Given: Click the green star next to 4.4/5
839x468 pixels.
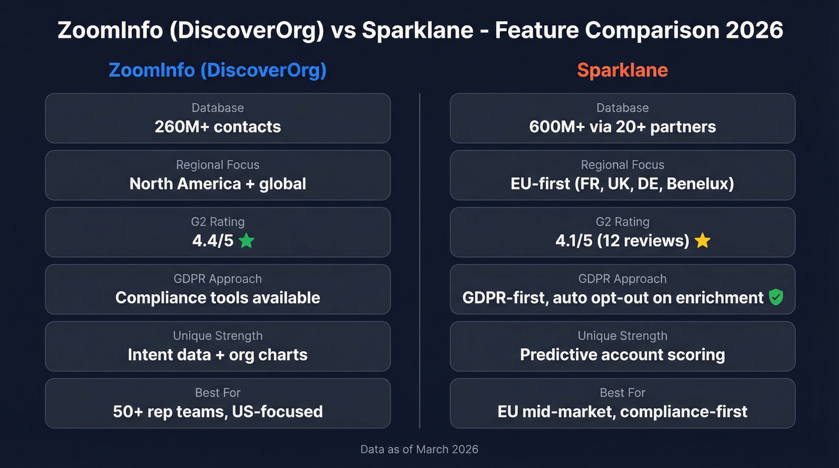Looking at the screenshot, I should pos(246,241).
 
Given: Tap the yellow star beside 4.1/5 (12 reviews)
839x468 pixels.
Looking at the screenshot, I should pos(702,241).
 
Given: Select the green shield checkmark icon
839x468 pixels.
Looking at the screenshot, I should pos(775,297).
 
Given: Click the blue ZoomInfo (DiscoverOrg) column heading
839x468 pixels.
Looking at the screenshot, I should pos(218,70).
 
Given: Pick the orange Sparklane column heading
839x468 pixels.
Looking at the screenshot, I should pos(622,70).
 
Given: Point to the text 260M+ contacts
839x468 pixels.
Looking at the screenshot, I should pos(218,127).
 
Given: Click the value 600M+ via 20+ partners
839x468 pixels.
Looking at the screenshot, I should pos(622,127).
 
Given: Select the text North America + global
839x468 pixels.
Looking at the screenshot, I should pos(218,183).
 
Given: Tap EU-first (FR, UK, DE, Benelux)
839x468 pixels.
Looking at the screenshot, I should pos(622,183).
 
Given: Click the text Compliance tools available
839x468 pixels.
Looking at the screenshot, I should pos(218,298).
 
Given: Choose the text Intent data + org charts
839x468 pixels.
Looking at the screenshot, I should pos(218,355).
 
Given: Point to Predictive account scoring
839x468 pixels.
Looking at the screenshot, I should pos(622,355).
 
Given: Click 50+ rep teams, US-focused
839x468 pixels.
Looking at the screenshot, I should pos(218,412).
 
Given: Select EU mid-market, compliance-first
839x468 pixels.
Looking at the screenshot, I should pos(622,412).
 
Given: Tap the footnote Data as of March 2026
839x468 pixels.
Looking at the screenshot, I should pos(419,449).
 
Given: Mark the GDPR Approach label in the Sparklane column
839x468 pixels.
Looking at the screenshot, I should pos(622,279).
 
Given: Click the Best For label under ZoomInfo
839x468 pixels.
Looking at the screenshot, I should pos(218,392).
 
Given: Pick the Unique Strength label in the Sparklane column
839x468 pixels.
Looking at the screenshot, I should pos(622,336).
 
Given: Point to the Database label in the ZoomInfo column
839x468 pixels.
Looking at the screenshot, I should pos(218,108).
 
